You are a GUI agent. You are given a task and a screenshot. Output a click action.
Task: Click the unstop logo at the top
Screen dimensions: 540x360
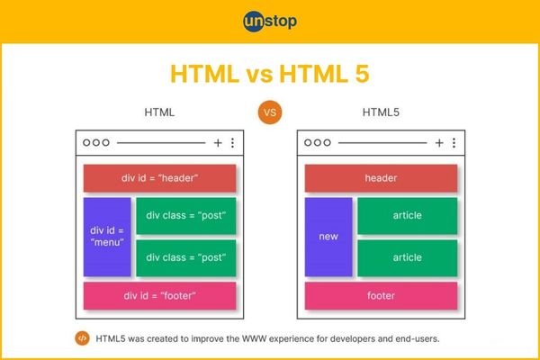pos(270,22)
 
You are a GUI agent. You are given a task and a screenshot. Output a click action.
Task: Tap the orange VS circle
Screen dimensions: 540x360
pos(270,112)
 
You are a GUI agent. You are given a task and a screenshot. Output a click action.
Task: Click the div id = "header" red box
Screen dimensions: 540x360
pos(160,178)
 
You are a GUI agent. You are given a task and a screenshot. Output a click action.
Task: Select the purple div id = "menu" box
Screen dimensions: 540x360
pos(107,237)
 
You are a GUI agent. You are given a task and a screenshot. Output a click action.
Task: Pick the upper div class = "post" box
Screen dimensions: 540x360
pos(186,216)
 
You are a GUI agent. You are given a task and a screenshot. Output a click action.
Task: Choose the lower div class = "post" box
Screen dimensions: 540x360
pos(186,258)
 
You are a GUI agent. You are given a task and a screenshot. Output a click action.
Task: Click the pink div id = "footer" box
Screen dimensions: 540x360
pos(160,295)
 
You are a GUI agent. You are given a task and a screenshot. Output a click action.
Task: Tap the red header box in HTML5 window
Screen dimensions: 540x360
pos(381,178)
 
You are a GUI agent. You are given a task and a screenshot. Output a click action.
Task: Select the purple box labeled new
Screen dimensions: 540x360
pos(328,237)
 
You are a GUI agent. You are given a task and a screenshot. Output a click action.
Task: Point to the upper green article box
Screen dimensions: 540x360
pos(408,216)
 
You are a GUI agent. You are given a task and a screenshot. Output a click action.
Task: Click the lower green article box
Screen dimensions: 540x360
pos(408,258)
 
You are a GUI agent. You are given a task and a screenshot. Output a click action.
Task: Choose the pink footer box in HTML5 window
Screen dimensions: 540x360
pos(381,295)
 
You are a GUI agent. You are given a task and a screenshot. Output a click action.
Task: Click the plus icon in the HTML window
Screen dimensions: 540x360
pos(218,142)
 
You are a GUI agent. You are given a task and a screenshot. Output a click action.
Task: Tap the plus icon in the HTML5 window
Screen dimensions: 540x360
pos(439,142)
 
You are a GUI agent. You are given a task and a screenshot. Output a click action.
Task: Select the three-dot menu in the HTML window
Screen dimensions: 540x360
pos(233,142)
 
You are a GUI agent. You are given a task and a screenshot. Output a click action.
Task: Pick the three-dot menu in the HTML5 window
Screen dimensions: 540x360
pos(454,142)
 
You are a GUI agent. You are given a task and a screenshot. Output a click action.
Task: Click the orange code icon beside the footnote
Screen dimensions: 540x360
pos(82,338)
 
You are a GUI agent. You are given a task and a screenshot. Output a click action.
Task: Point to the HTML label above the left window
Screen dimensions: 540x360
pos(159,112)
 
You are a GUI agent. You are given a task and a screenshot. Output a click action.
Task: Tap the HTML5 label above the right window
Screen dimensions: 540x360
pos(381,112)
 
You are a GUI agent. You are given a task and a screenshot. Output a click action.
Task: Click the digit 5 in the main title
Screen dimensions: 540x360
pos(362,74)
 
